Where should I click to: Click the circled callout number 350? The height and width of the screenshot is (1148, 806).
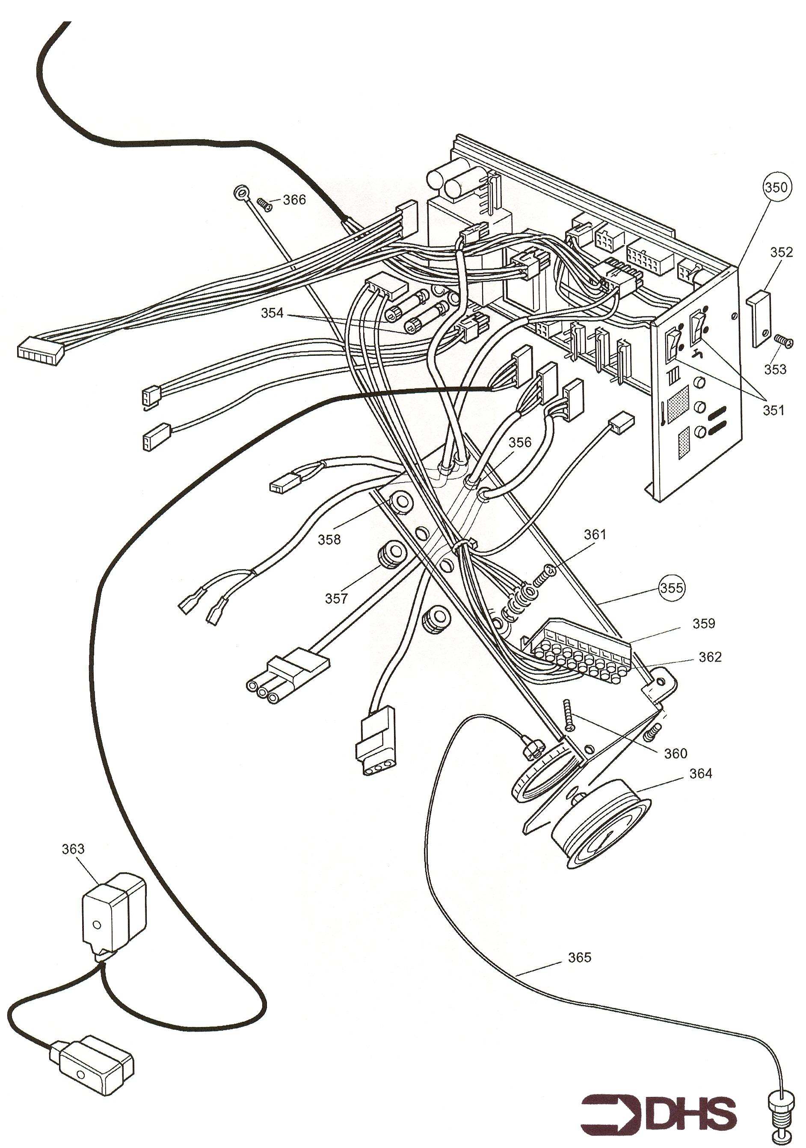click(x=776, y=188)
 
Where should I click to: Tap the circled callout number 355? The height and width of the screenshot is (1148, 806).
click(x=671, y=587)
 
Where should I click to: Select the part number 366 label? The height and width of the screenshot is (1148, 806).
click(x=294, y=200)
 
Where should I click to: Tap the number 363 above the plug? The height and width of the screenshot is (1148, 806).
click(x=73, y=849)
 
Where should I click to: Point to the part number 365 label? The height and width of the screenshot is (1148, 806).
click(x=580, y=957)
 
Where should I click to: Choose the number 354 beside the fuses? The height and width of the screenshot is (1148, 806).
click(x=272, y=313)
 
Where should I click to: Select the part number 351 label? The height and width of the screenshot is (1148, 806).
click(x=773, y=410)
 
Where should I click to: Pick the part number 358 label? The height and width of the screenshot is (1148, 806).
click(x=329, y=540)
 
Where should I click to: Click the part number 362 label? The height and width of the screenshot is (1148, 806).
click(x=710, y=656)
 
